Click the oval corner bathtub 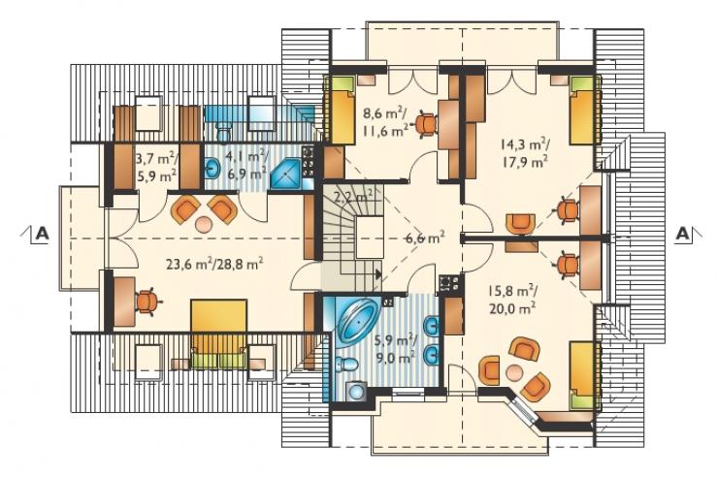356,319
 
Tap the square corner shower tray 285,175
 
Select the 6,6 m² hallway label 425,238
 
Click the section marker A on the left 42,234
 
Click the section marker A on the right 682,234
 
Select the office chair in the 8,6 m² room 426,123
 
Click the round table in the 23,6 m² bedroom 202,224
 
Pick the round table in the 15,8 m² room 514,372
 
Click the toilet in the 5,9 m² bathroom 347,365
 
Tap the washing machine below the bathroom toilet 356,391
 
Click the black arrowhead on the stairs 378,273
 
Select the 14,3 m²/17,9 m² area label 525,153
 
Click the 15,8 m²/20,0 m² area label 513,300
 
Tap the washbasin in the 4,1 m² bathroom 212,168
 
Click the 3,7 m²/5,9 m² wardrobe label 156,168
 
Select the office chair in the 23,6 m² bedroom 147,302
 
